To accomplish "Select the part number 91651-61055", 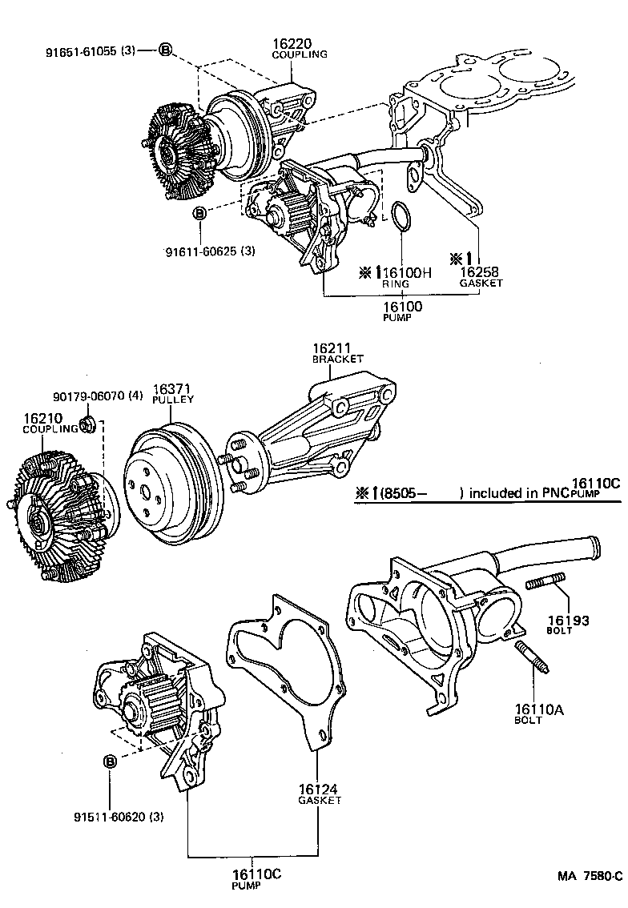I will [x=80, y=50].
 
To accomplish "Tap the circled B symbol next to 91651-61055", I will [x=164, y=50].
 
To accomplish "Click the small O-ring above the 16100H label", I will [x=401, y=217].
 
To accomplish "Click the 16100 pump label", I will [x=402, y=306].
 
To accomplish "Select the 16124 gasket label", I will [x=320, y=789].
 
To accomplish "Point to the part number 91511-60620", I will [x=119, y=817].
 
